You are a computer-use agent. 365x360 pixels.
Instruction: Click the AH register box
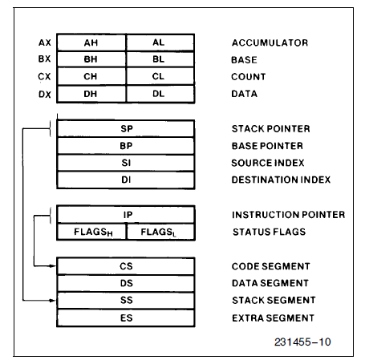coord(91,42)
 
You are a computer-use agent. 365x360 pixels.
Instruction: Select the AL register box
coord(159,42)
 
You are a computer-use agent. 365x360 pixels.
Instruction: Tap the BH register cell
coord(91,60)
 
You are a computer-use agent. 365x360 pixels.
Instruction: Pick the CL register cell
coord(159,77)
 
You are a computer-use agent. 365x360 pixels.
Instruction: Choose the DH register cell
coord(91,95)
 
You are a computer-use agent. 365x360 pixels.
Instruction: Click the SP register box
coord(125,129)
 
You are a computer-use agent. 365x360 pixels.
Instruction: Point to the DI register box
coord(125,180)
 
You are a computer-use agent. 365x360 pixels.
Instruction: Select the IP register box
coord(125,215)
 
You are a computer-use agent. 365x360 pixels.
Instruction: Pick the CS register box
coord(125,266)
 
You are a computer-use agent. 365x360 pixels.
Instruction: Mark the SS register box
coord(125,300)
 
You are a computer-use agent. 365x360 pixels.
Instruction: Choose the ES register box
coord(125,317)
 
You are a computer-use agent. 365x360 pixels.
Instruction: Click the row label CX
coord(44,77)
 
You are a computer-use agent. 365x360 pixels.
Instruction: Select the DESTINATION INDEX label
coord(281,180)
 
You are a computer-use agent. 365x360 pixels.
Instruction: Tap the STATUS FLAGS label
coord(269,233)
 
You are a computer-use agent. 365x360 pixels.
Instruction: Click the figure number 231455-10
coord(301,342)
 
